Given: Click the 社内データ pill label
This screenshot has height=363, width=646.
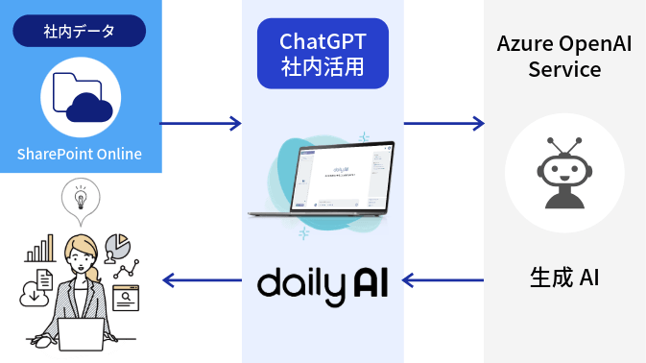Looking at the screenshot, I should (x=80, y=31).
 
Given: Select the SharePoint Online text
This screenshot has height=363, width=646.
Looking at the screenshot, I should (x=80, y=155).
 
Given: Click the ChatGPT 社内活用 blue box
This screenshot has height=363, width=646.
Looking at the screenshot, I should (x=323, y=54).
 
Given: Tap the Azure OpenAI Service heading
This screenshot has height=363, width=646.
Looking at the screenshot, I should (x=563, y=57).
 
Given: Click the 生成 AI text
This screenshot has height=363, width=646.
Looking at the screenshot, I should (x=564, y=278).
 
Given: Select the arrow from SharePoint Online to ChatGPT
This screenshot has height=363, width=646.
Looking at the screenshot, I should (x=201, y=123).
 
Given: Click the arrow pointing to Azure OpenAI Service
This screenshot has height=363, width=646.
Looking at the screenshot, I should (x=443, y=123).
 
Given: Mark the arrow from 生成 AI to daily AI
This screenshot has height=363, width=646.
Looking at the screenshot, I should (x=443, y=280).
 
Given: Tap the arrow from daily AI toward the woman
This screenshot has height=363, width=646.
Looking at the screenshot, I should (x=201, y=280).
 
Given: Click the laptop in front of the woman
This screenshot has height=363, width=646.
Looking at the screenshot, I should (x=80, y=333).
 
